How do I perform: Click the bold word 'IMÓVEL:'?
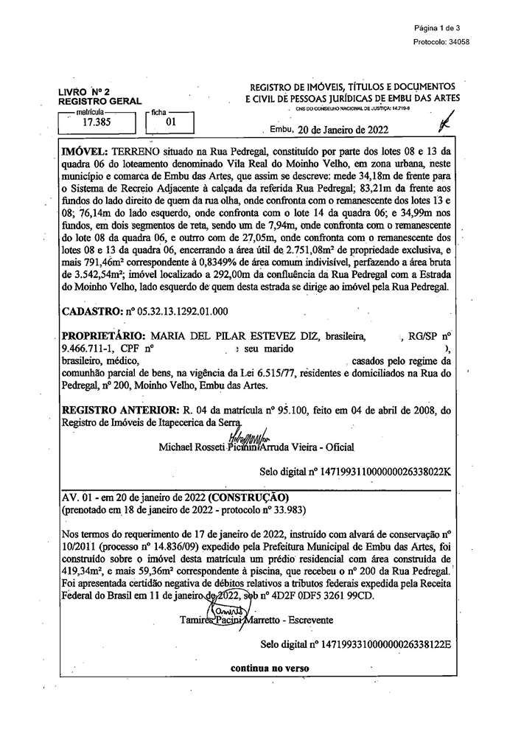[x=87, y=150]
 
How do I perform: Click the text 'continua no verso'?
[x=270, y=668]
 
